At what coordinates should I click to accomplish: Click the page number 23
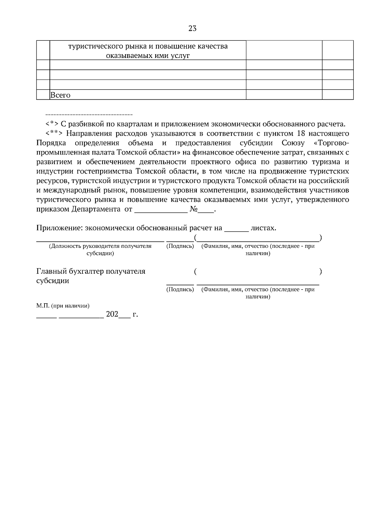pyautogui.click(x=192, y=29)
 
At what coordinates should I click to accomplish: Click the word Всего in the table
pyautogui.click(x=60, y=95)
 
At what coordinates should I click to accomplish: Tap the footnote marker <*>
pyautogui.click(x=52, y=124)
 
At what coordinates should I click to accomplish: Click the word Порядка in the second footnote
pyautogui.click(x=51, y=143)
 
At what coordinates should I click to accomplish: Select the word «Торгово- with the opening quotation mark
pyautogui.click(x=331, y=143)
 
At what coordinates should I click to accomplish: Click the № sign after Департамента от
pyautogui.click(x=193, y=209)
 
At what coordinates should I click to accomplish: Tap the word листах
pyautogui.click(x=264, y=228)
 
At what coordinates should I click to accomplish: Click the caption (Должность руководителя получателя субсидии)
pyautogui.click(x=100, y=250)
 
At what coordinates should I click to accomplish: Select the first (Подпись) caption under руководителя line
pyautogui.click(x=180, y=246)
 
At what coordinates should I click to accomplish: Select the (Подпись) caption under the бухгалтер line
pyautogui.click(x=180, y=289)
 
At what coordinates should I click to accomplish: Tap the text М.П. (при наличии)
pyautogui.click(x=63, y=305)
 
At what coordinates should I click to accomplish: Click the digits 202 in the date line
pyautogui.click(x=112, y=314)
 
